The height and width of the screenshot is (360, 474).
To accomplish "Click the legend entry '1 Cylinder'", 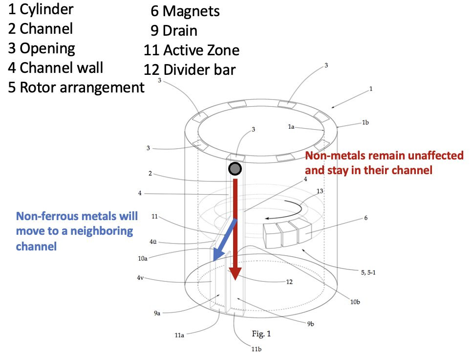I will (41, 9).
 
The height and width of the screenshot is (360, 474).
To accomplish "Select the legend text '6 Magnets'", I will (185, 11).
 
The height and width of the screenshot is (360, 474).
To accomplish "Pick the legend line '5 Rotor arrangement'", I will (76, 87).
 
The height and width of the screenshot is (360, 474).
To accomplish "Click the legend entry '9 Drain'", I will (174, 30).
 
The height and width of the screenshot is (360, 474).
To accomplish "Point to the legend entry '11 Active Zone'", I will (192, 50).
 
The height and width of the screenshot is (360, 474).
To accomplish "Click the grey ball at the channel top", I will (235, 169).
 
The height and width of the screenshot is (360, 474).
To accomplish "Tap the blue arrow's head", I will (216, 254).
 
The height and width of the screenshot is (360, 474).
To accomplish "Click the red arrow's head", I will (235, 273).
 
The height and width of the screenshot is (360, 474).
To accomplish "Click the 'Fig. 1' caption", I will (261, 334).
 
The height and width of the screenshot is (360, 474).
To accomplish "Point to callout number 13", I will (320, 191).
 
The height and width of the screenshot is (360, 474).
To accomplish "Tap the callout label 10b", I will (355, 302).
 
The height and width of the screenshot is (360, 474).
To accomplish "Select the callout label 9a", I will (157, 313).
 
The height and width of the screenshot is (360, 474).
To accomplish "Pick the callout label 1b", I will (365, 122).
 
